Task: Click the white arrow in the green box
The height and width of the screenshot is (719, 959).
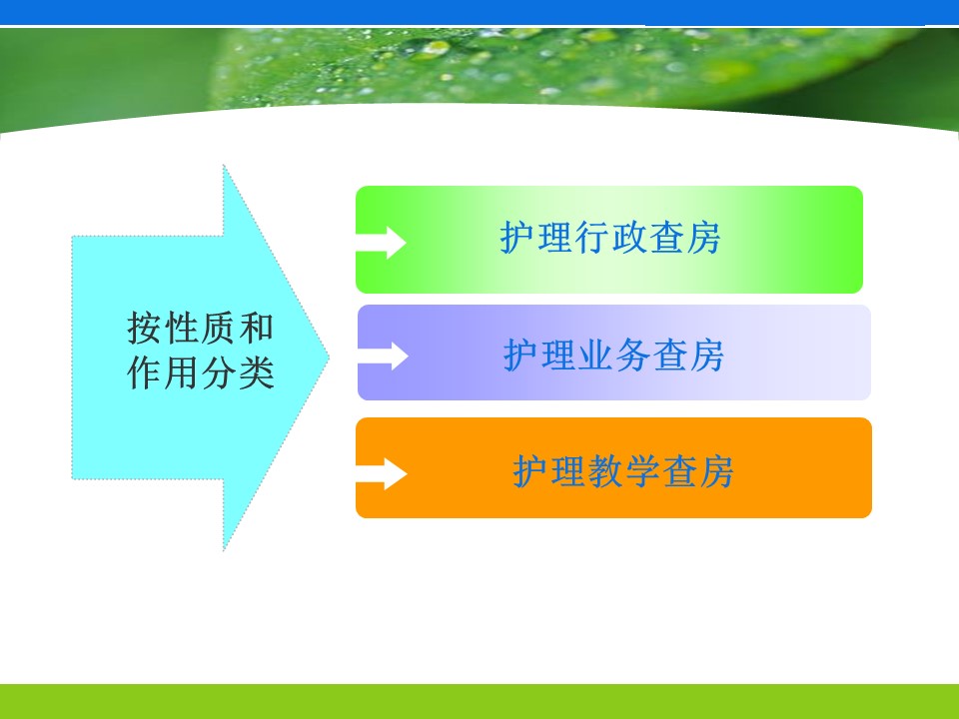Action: [x=382, y=243]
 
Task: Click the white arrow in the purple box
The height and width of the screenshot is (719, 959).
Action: [x=384, y=356]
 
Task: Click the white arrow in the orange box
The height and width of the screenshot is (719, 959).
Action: [x=382, y=473]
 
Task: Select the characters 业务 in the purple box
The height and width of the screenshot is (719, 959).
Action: [x=613, y=355]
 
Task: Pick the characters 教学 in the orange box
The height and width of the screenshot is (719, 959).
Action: [x=623, y=471]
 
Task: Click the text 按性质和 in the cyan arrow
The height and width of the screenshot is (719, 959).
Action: [x=201, y=328]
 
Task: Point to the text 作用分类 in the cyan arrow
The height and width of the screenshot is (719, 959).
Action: [x=201, y=372]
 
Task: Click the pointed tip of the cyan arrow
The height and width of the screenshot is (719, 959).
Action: [x=329, y=359]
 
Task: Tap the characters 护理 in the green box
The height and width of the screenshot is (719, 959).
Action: [x=536, y=238]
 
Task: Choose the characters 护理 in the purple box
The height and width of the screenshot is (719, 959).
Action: [x=539, y=355]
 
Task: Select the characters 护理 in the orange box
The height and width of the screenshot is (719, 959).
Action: [x=549, y=471]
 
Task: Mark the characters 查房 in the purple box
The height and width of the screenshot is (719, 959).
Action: [x=688, y=355]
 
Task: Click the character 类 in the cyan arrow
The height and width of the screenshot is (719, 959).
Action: [x=257, y=372]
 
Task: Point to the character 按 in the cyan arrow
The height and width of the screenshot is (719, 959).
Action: [x=144, y=328]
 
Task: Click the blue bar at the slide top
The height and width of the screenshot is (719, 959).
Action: [x=479, y=12]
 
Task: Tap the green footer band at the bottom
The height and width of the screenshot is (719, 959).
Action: [x=479, y=701]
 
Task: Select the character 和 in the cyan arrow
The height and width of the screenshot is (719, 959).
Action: [x=257, y=328]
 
